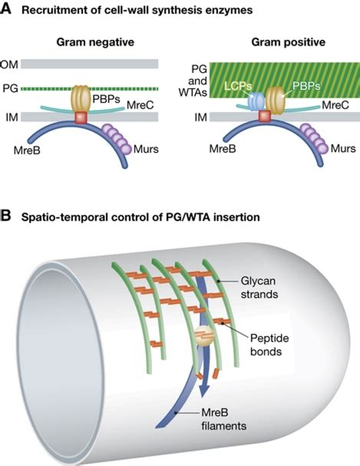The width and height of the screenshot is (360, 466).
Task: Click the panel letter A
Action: tap(7, 9)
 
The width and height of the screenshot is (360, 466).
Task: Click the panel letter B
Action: tap(7, 216)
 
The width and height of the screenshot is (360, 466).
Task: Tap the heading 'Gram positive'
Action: tap(275, 42)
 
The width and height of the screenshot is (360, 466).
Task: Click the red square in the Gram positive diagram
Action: tap(265, 116)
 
